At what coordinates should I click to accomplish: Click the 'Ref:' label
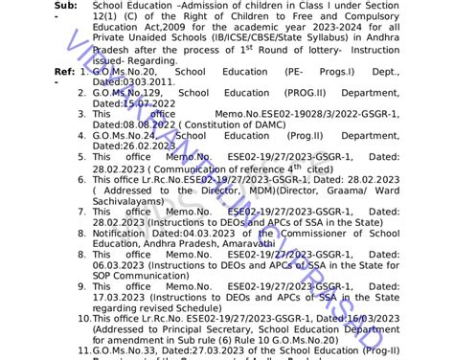65,71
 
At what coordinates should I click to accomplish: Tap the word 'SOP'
104,275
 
